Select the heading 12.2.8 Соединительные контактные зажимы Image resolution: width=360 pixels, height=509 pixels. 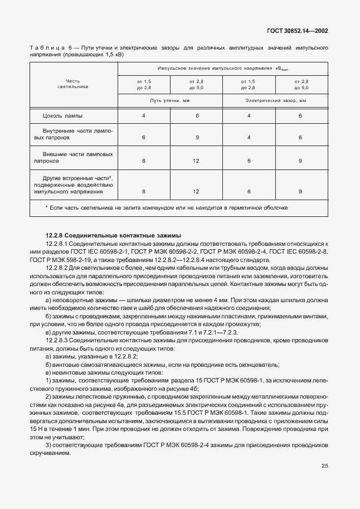point(104,236)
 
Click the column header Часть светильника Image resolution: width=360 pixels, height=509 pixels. point(73,84)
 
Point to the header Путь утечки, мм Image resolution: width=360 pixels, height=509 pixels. point(169,100)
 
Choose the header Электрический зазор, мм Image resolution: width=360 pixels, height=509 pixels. point(275,100)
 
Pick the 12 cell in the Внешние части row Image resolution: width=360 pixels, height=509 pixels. point(196,161)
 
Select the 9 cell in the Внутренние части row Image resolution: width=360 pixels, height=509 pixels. point(196,137)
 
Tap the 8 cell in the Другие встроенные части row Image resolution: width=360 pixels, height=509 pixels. point(143,191)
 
